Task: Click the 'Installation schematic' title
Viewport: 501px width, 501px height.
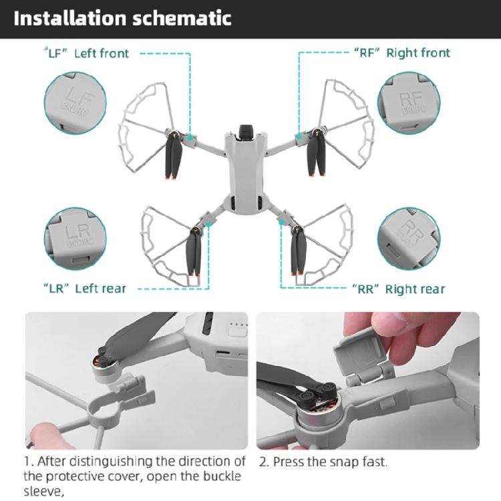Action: [x=122, y=18]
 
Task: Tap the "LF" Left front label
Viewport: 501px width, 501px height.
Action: [x=88, y=53]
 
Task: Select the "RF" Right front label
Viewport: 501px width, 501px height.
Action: [x=401, y=53]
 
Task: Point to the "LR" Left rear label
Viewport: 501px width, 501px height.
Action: [x=85, y=289]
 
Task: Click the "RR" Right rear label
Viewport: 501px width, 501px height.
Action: [x=397, y=289]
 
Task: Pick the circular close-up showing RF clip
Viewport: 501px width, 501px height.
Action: [x=408, y=102]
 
